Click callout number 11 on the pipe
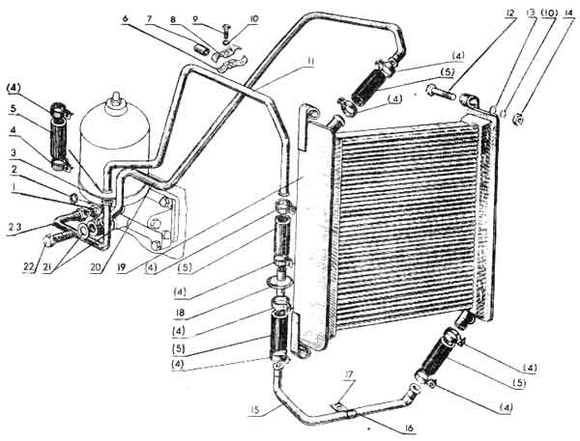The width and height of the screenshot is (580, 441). click(x=309, y=62)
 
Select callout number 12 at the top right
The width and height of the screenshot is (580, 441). click(x=510, y=14)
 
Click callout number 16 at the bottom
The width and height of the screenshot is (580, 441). click(x=409, y=428)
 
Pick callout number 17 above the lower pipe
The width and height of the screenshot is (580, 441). click(x=349, y=375)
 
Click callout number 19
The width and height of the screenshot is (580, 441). click(x=121, y=267)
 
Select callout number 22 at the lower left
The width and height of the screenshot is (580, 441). click(x=28, y=267)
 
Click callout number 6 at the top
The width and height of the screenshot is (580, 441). click(x=125, y=19)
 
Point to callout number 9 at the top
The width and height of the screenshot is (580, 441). click(x=197, y=18)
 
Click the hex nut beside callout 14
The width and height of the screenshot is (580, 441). click(x=518, y=119)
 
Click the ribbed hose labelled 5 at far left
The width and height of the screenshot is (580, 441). click(x=58, y=132)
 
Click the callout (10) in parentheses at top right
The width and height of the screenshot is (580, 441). click(x=548, y=14)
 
